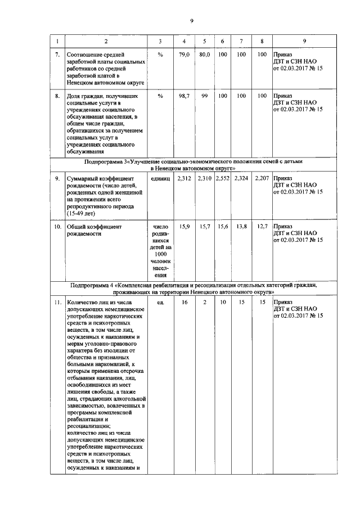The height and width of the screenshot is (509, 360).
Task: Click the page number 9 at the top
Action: [191, 21]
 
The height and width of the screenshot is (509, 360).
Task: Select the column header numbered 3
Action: [160, 42]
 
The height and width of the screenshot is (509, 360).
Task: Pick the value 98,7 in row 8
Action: [184, 96]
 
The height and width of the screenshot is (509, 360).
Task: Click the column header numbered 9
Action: [304, 42]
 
